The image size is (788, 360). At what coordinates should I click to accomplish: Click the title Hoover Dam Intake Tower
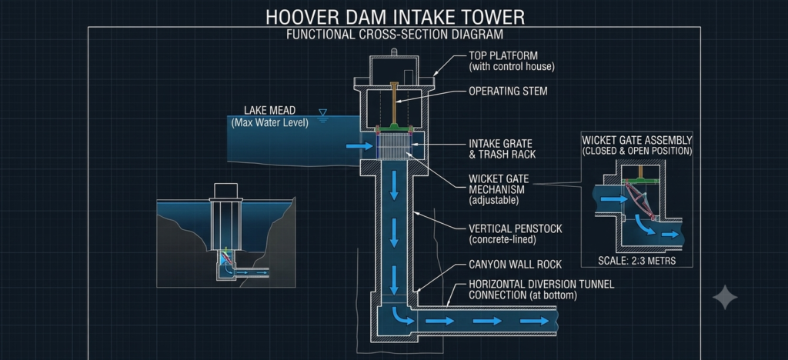pos(395,17)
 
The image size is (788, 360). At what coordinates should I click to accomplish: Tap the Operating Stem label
pos(508,92)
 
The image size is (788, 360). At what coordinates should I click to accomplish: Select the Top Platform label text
pos(511,61)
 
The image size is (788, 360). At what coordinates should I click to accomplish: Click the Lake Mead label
pos(269,116)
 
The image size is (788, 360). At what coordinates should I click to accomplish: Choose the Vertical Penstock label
pos(515,234)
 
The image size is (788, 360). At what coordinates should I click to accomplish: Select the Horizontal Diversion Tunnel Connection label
pos(541,290)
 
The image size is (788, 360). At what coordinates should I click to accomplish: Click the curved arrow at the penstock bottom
pos(402,315)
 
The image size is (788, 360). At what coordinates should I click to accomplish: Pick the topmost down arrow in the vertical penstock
pos(394,185)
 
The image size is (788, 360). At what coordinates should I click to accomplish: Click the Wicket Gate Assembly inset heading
pos(636,145)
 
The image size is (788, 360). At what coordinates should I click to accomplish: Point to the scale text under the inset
pos(636,261)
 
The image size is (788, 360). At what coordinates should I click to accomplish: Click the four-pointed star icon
pos(725,297)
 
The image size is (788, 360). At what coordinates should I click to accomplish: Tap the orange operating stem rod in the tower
pos(395,103)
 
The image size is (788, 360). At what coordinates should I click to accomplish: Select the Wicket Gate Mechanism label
pos(496,189)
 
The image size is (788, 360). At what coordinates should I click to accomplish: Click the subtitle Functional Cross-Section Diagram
pos(395,34)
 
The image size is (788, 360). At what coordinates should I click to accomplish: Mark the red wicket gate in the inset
pos(640,201)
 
